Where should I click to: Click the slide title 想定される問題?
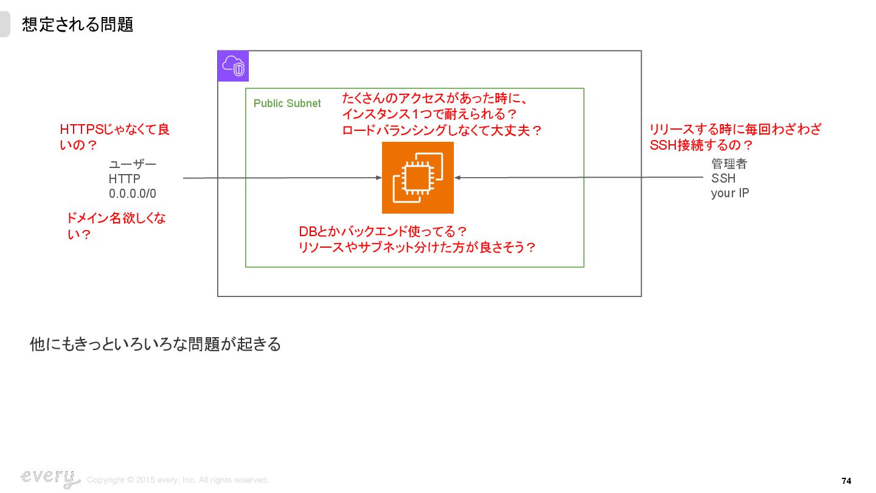click(77, 24)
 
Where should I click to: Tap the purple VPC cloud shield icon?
click(234, 66)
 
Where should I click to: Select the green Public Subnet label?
click(287, 103)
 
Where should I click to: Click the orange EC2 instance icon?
click(418, 178)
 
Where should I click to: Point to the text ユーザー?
click(132, 164)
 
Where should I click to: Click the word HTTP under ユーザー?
click(124, 179)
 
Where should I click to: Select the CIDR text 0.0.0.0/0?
click(132, 194)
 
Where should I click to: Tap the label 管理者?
click(729, 164)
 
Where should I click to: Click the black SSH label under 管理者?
click(723, 178)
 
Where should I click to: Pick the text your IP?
click(729, 193)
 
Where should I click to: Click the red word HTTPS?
click(82, 130)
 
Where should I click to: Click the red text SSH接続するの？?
click(701, 145)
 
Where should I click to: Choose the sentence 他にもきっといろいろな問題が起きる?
click(155, 344)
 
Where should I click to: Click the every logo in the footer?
click(50, 478)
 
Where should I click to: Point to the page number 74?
click(846, 481)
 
